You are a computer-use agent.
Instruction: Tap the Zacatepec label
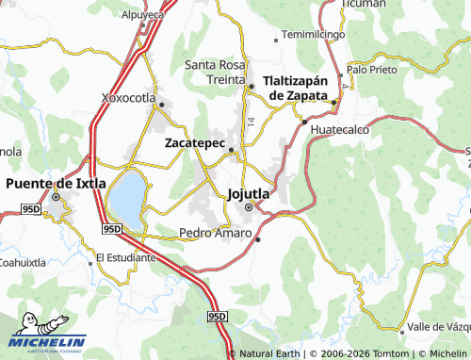[195, 144]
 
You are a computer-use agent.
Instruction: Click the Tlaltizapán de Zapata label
[299, 88]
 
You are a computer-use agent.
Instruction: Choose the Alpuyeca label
[143, 16]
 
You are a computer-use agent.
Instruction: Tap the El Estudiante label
[126, 256]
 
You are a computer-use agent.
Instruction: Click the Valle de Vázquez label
[442, 326]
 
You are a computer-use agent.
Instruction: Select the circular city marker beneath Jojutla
[250, 207]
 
